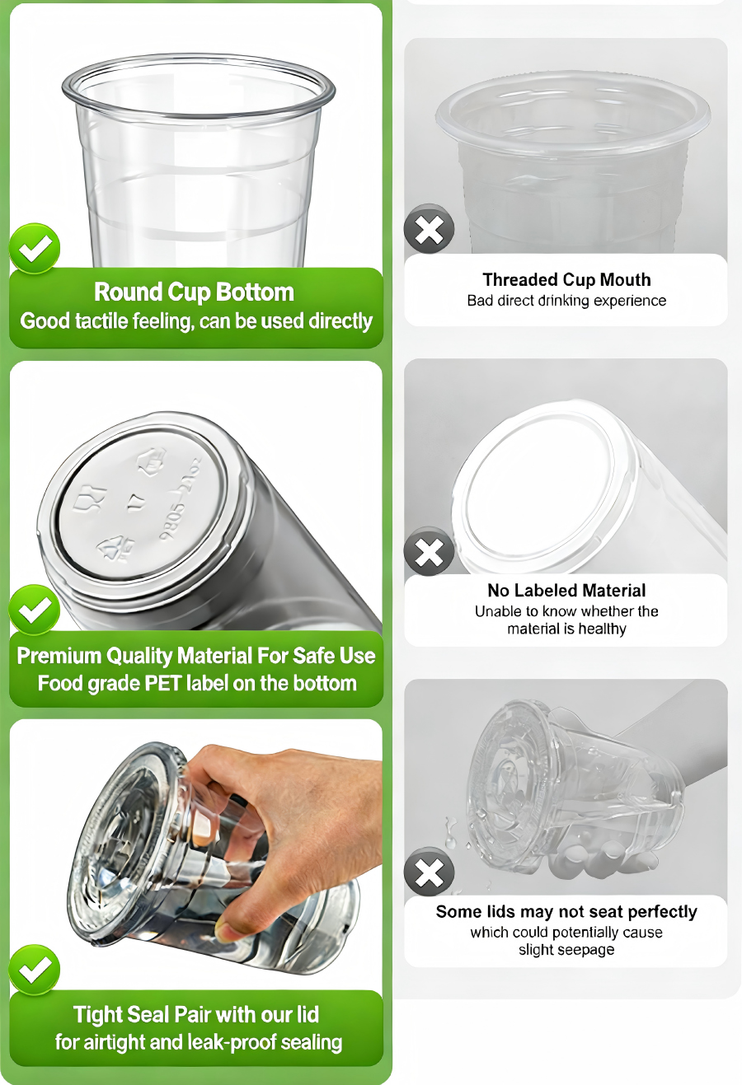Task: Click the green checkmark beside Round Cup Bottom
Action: [35, 248]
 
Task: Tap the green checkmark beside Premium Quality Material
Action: [35, 610]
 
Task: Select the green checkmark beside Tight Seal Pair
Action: [35, 970]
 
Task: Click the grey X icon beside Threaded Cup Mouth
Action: [429, 229]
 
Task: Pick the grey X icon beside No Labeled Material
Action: [429, 551]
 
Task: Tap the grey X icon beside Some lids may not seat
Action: [429, 872]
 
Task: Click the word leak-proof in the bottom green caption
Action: [228, 1042]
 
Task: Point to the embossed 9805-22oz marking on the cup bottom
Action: [182, 498]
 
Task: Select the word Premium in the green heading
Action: [59, 656]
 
